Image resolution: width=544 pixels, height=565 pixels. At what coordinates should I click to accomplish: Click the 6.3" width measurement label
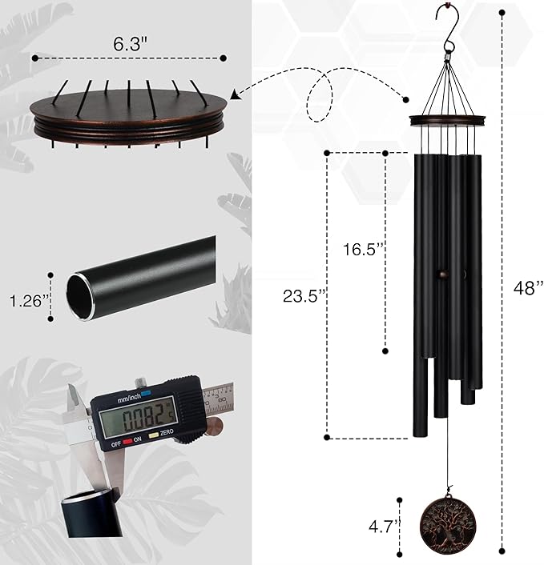click(128, 46)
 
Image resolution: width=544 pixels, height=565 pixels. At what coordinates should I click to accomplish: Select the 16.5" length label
click(359, 249)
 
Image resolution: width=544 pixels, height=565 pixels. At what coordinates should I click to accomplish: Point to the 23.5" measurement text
click(304, 295)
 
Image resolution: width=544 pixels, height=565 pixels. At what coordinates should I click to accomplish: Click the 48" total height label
click(528, 287)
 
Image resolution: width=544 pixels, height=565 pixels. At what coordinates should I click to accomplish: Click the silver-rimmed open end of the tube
click(80, 294)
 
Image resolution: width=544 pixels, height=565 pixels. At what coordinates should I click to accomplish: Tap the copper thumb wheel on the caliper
click(213, 429)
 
